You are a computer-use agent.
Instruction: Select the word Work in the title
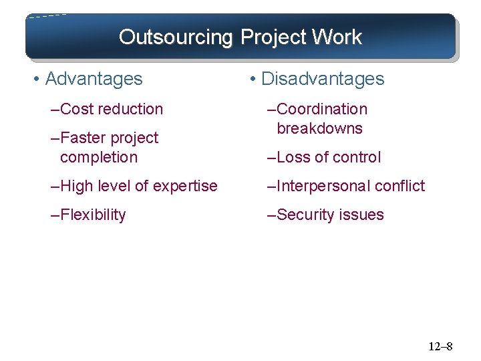tap(338, 37)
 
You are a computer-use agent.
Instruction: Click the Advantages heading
tap(94, 79)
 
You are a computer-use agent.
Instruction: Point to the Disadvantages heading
tap(323, 79)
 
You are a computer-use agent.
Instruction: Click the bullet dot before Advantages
tap(35, 80)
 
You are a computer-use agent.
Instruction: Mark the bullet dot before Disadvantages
tap(252, 80)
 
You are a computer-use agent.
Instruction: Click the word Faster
tap(82, 138)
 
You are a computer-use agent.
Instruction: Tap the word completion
tap(99, 157)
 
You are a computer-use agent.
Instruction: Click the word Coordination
tap(321, 109)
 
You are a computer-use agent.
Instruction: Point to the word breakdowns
tap(319, 128)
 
